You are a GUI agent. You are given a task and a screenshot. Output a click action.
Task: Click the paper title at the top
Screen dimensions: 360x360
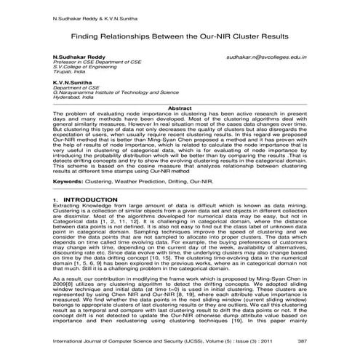(180, 35)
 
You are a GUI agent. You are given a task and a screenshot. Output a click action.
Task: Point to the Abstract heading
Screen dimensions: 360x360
(180, 108)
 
